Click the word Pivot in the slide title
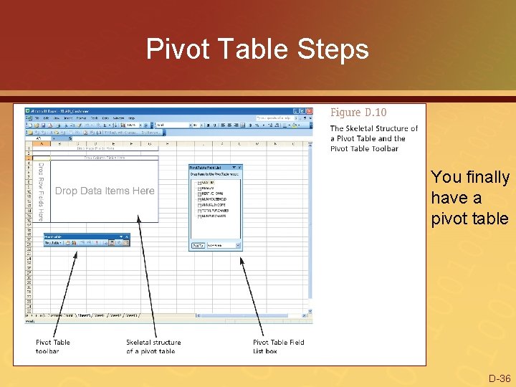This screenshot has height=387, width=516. point(171,49)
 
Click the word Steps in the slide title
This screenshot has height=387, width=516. point(334,49)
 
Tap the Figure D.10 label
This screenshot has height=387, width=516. point(358,113)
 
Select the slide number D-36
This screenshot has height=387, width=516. point(499,378)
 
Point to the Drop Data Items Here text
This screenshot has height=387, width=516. point(105,191)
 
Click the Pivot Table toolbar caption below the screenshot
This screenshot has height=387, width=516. point(53,346)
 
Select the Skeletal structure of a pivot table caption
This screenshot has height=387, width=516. point(153,346)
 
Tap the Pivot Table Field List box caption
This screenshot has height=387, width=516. point(278,346)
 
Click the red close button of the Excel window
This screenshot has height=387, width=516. point(309,112)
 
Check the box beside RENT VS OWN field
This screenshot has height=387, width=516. point(199,193)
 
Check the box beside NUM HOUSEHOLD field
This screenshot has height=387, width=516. point(199,199)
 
